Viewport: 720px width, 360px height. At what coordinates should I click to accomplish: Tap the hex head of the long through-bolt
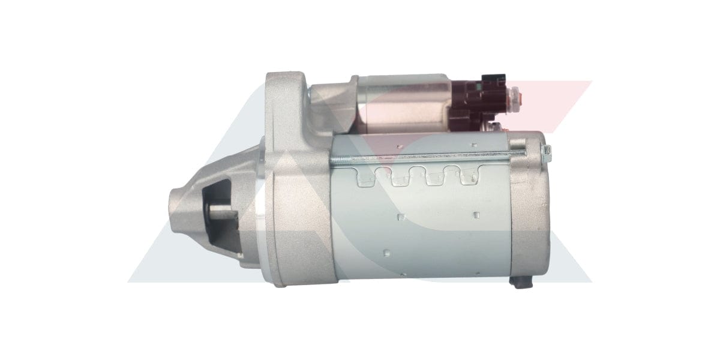[543, 151]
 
